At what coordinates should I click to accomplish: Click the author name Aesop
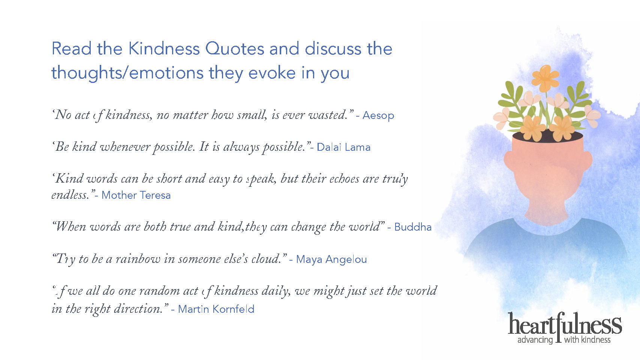[x=378, y=115]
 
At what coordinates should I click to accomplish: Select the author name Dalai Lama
[x=343, y=147]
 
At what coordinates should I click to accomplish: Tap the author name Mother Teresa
[x=136, y=195]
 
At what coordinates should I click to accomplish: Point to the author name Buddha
[x=413, y=227]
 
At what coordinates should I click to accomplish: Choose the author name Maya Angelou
[x=331, y=259]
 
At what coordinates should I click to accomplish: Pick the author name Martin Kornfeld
[x=216, y=309]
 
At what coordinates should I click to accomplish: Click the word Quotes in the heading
[x=235, y=49]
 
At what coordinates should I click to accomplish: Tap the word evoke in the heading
[x=272, y=73]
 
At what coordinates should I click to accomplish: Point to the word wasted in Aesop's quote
[x=328, y=115]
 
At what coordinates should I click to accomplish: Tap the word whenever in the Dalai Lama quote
[x=125, y=147]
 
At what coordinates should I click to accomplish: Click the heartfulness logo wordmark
[x=565, y=324]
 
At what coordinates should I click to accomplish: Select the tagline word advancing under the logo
[x=535, y=340]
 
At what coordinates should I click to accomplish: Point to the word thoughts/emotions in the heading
[x=127, y=73]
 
